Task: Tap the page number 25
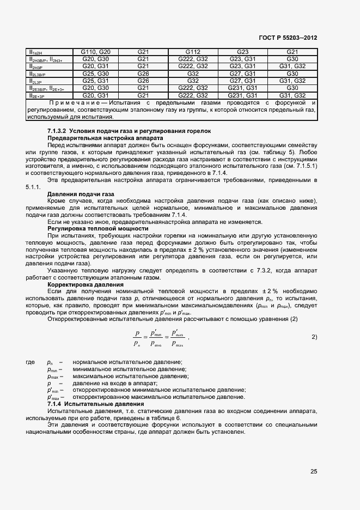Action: (314, 471)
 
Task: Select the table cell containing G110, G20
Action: (96, 52)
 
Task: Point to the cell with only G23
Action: (243, 52)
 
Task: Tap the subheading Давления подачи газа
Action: (81, 194)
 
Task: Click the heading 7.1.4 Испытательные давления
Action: (95, 404)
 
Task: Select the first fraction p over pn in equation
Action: (137, 338)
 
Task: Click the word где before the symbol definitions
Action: (30, 363)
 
